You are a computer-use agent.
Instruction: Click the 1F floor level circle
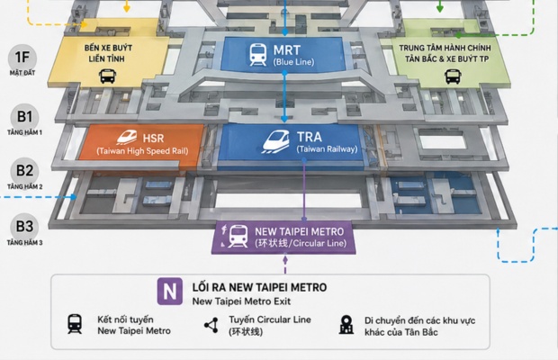(22, 58)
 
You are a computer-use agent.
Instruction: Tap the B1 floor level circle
(24, 117)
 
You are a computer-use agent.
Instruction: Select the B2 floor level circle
(24, 171)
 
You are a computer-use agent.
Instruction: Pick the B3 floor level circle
(24, 226)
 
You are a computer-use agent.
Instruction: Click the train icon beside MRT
(257, 55)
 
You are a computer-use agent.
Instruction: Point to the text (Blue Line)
(293, 62)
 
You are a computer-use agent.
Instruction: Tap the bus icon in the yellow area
(107, 76)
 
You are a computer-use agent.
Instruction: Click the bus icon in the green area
(453, 76)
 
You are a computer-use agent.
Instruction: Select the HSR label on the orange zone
(153, 138)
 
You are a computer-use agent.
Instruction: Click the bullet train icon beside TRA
(275, 141)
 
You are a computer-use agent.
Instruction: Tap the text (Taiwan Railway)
(327, 149)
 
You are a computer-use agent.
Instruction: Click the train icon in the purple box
(238, 236)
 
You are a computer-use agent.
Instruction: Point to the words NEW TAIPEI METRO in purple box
(300, 232)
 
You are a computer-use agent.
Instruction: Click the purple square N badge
(170, 292)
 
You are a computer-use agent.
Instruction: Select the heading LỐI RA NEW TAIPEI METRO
(259, 287)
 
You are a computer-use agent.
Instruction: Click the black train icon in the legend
(75, 324)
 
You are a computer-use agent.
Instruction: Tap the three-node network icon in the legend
(211, 325)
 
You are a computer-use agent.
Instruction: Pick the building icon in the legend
(346, 324)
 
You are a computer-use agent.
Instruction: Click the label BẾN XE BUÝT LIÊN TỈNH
(108, 53)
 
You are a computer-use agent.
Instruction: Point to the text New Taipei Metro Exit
(241, 301)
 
